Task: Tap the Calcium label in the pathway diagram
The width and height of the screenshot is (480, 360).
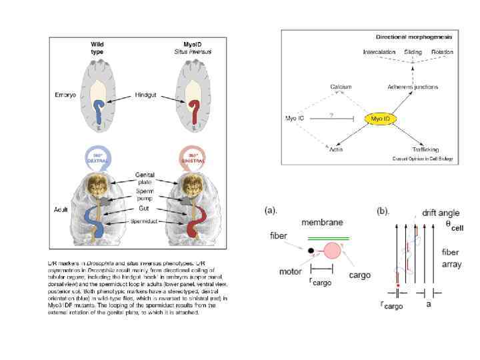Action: pyautogui.click(x=340, y=87)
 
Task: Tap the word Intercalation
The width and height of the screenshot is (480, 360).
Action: pyautogui.click(x=380, y=52)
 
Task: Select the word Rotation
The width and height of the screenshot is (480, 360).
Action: pyautogui.click(x=442, y=52)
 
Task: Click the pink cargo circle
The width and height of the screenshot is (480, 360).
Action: pyautogui.click(x=331, y=251)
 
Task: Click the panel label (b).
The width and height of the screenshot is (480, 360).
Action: pyautogui.click(x=383, y=211)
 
